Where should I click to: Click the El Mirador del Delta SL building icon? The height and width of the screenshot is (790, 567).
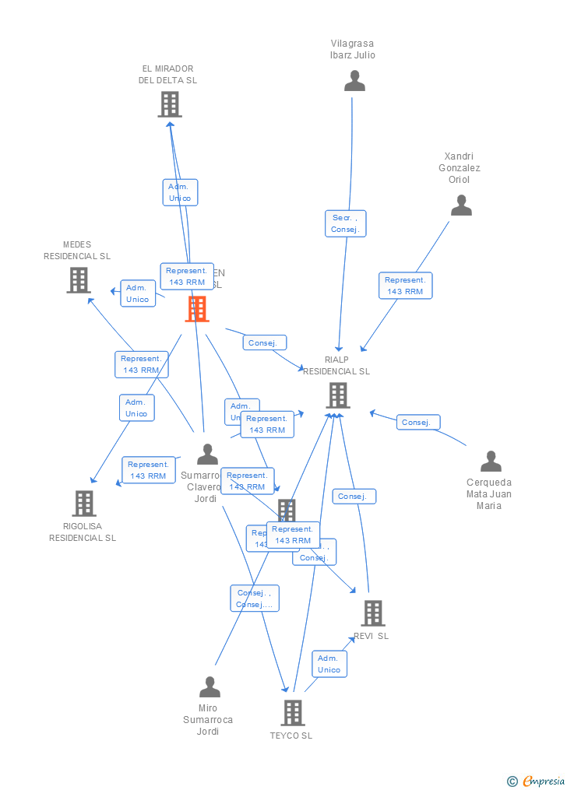[170, 104]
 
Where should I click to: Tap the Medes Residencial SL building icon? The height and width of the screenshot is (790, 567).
[79, 280]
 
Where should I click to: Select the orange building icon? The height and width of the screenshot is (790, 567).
[197, 309]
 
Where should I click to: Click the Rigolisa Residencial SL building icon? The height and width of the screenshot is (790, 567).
[84, 504]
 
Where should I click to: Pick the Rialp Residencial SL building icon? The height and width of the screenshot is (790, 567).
[337, 395]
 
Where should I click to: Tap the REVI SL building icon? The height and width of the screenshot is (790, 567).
[372, 613]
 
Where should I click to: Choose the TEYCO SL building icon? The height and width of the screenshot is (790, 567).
[292, 712]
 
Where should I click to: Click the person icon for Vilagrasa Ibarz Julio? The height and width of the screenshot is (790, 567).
[354, 81]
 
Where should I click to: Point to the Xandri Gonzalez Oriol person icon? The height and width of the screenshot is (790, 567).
[461, 205]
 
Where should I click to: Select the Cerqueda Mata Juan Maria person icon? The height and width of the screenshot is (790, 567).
[491, 462]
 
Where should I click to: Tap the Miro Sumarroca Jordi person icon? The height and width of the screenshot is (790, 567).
[210, 687]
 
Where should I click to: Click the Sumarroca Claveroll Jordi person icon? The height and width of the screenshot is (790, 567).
[207, 454]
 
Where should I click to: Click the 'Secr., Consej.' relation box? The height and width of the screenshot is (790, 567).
[345, 223]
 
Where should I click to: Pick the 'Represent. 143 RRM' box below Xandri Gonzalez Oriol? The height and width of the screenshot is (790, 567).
[405, 286]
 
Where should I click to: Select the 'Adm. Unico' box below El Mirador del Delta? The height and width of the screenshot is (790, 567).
[180, 192]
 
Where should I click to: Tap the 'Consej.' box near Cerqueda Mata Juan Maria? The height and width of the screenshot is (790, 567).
[417, 422]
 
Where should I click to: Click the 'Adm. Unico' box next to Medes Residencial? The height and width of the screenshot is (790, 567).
[138, 293]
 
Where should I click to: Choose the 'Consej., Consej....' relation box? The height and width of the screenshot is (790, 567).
[254, 599]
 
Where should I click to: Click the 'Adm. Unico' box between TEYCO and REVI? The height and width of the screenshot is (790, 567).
[329, 664]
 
